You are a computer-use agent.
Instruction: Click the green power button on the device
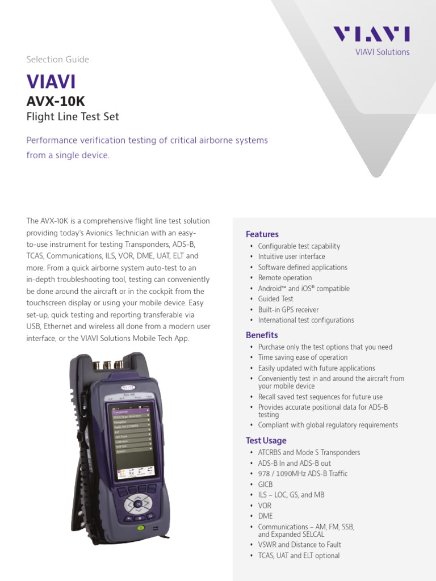[141, 528]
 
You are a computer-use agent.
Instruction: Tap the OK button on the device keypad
[138, 503]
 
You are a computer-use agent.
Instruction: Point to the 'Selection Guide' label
[57, 60]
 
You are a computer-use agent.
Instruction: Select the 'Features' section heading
[262, 234]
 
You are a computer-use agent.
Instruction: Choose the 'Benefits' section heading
[261, 335]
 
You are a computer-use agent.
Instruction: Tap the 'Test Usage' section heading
[266, 440]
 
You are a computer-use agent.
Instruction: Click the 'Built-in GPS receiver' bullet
[288, 310]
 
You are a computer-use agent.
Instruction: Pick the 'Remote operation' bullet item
[285, 278]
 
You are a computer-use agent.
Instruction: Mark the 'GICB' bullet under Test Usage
[265, 485]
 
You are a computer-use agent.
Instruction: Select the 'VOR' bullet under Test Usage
[265, 506]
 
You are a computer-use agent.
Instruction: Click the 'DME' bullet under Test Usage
[265, 516]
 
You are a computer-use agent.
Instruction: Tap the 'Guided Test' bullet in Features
[275, 299]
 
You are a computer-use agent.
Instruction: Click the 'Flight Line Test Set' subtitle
[73, 117]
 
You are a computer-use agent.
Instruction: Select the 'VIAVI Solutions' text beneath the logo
[382, 52]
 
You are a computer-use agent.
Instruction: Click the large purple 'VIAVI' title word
[51, 82]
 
